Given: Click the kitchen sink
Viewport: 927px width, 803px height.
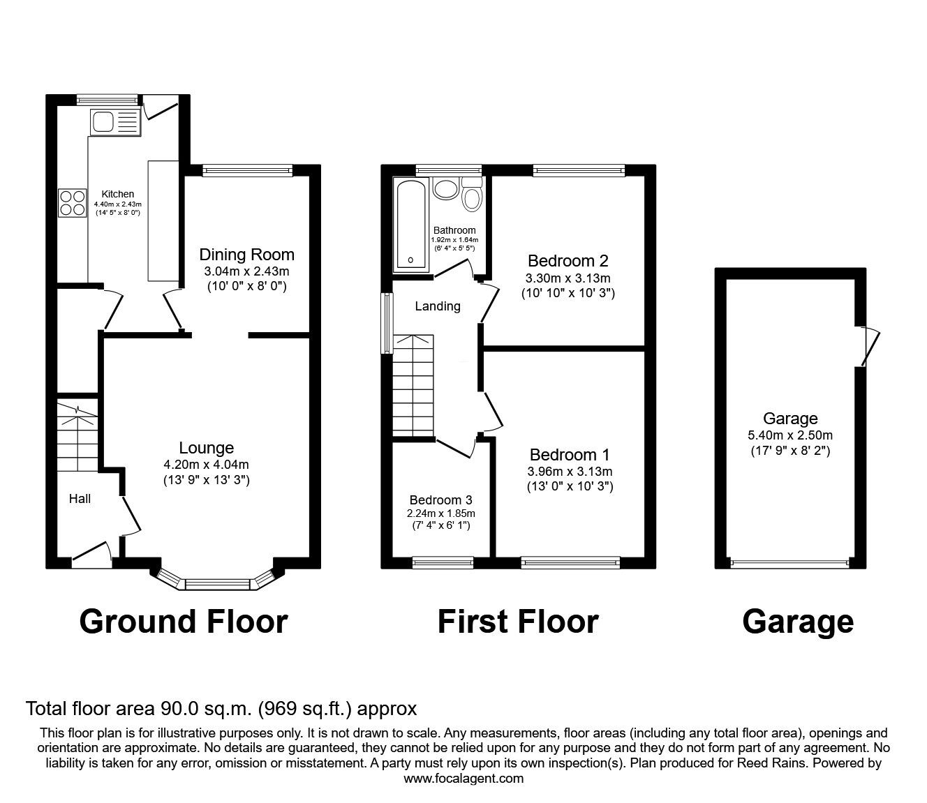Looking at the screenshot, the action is pyautogui.click(x=115, y=122).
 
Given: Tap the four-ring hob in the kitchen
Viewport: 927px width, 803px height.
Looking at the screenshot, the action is pyautogui.click(x=72, y=203).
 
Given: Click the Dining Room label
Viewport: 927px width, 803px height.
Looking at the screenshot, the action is pyautogui.click(x=246, y=255).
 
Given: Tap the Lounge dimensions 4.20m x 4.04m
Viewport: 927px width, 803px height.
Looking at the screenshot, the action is pyautogui.click(x=207, y=465).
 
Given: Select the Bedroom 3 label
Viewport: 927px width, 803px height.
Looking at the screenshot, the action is pyautogui.click(x=441, y=500).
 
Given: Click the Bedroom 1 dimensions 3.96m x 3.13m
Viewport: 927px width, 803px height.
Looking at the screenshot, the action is pyautogui.click(x=570, y=471).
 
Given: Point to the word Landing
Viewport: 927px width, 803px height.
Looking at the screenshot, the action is pyautogui.click(x=438, y=306).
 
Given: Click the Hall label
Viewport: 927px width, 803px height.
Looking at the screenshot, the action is pyautogui.click(x=80, y=499).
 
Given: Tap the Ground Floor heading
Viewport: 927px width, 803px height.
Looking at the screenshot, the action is pyautogui.click(x=184, y=622).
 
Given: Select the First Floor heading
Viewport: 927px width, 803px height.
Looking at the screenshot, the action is pyautogui.click(x=518, y=622).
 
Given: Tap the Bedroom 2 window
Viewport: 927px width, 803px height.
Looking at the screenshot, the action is pyautogui.click(x=579, y=170).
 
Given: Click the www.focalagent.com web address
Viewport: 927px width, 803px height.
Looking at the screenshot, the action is pyautogui.click(x=463, y=779).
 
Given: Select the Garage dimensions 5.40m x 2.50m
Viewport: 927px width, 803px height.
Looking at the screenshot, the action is pyautogui.click(x=790, y=435).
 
